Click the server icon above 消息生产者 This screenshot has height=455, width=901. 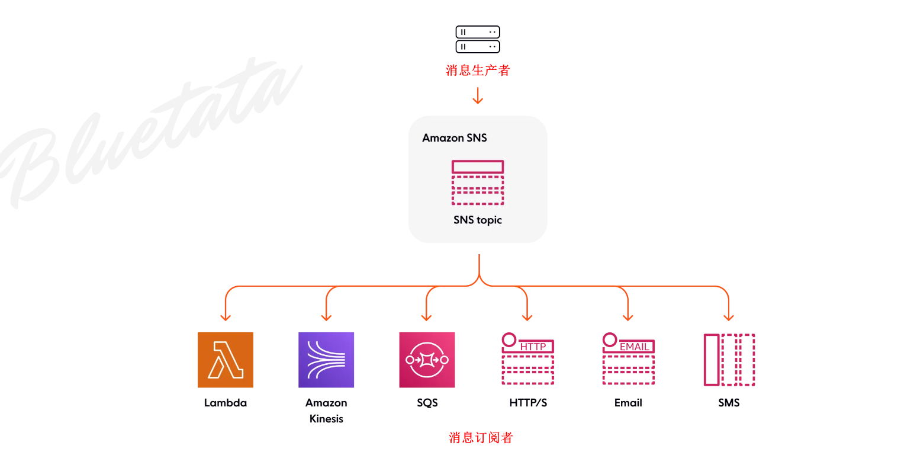pos(478,39)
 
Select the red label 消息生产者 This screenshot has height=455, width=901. pos(478,71)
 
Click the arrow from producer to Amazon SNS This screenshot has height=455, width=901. pos(478,95)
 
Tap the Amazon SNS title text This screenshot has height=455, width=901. pos(455,138)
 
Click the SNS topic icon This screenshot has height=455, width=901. pos(478,182)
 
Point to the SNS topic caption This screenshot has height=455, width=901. pos(478,220)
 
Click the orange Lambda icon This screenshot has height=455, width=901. pos(226,360)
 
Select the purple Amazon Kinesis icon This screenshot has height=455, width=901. pos(326,360)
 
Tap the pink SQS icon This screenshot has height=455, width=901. pos(427,360)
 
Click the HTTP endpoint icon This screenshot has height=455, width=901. pos(527,359)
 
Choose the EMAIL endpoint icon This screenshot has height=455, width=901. pos(628,359)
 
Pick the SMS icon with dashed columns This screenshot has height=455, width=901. pos(729,360)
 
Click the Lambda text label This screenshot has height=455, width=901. pos(226,403)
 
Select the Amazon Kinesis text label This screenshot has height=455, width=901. pos(326,411)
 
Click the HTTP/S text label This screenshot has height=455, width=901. pos(528,403)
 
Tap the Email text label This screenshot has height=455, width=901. pos(628,403)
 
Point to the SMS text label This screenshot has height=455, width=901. pos(729,403)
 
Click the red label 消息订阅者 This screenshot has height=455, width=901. pos(481,438)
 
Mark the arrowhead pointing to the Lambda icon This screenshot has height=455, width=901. pos(225,317)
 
